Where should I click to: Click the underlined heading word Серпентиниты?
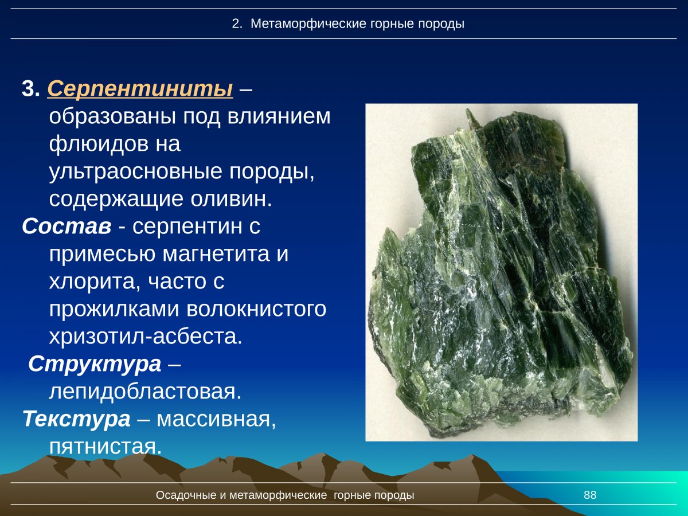[140, 89]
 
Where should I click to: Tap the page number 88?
[590, 495]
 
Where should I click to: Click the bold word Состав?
[67, 226]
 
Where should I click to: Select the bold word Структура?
[95, 364]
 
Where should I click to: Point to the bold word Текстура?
[76, 419]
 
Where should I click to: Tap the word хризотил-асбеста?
[146, 337]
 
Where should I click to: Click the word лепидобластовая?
[144, 392]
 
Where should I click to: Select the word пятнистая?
[105, 446]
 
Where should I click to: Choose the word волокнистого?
[256, 309]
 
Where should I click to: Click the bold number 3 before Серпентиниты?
[29, 89]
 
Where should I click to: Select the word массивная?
[216, 419]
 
